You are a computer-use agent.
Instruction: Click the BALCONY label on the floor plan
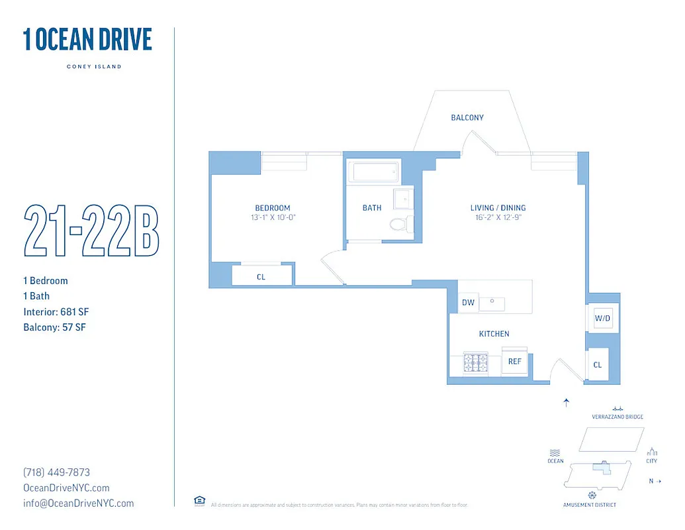[x=467, y=118]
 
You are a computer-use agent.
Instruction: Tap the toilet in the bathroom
[x=398, y=223]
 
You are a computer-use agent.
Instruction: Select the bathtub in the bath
[x=375, y=172]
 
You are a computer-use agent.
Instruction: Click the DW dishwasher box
[x=468, y=303]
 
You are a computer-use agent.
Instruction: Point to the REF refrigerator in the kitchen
[x=515, y=362]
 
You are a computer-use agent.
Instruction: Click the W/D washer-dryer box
[x=602, y=319]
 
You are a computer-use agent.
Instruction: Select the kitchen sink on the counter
[x=492, y=303]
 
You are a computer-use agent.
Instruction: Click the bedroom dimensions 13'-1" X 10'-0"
[x=273, y=217]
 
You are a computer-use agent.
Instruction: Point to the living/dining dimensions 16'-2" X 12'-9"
[x=498, y=217]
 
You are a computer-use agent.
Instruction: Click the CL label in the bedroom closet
[x=261, y=277]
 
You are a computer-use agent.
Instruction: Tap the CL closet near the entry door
[x=598, y=365]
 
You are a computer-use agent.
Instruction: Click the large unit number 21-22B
[x=91, y=231]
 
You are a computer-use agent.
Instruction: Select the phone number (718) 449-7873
[x=56, y=472]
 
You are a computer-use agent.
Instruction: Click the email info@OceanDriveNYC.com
[x=78, y=503]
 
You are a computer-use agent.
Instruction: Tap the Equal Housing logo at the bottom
[x=199, y=501]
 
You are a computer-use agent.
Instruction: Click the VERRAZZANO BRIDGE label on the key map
[x=617, y=417]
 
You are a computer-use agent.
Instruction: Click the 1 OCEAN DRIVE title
[x=87, y=40]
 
